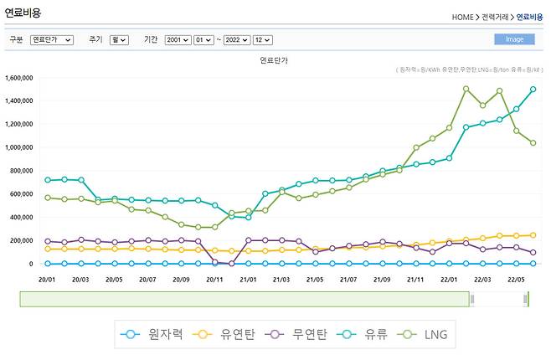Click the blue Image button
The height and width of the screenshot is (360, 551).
coord(514,39)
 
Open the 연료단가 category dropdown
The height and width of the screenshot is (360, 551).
coord(52,39)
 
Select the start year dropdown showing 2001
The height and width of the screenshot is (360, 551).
coord(178,39)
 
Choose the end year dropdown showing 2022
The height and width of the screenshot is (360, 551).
coord(238,39)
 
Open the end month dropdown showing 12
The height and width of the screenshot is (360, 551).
coord(263,39)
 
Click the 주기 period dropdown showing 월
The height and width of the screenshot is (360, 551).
coord(119,39)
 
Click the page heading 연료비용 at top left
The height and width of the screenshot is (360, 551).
coord(23,13)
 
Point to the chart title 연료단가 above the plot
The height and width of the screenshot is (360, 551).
coord(275,61)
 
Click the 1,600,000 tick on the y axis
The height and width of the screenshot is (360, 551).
coord(18,78)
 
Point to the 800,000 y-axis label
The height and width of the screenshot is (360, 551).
coord(21,171)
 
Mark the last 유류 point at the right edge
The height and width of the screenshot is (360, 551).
coord(533,90)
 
